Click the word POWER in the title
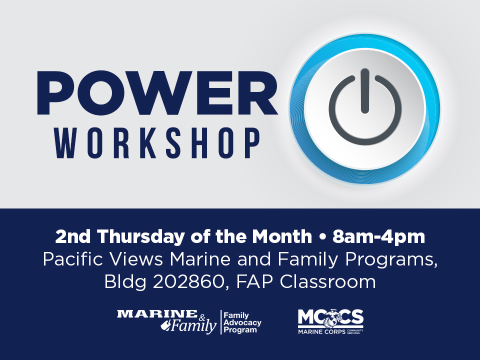(x=157, y=93)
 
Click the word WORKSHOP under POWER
(x=157, y=143)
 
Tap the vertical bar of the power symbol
(x=364, y=91)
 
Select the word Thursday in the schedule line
(x=141, y=237)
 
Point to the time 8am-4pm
(x=378, y=237)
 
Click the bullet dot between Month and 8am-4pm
(x=321, y=237)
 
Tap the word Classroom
(x=327, y=281)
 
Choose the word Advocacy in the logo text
(x=242, y=323)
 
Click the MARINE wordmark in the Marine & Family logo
(x=157, y=314)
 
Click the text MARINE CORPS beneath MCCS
(x=321, y=331)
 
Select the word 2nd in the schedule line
(x=73, y=236)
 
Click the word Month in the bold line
(x=282, y=236)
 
